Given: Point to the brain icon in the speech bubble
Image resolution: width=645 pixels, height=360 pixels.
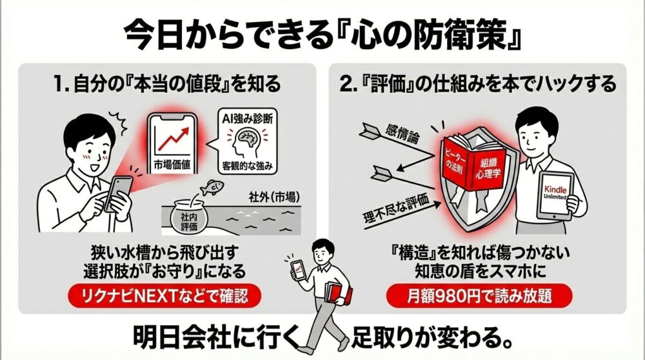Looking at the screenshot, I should click(x=246, y=141).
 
